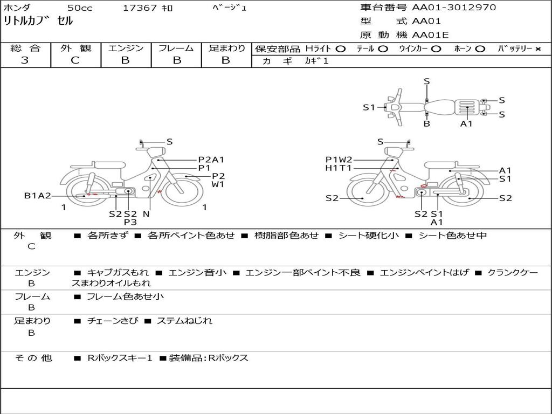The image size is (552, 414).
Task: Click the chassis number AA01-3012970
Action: pyautogui.click(x=454, y=8)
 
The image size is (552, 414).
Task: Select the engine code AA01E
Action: pyautogui.click(x=430, y=35)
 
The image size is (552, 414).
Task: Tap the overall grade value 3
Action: pyautogui.click(x=25, y=60)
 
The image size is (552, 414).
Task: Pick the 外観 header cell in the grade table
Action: pyautogui.click(x=75, y=48)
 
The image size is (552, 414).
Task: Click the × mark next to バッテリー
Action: pyautogui.click(x=537, y=49)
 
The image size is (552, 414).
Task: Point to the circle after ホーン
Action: pyautogui.click(x=480, y=49)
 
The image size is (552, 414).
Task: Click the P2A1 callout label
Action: pyautogui.click(x=211, y=160)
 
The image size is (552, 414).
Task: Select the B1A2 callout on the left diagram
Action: pyautogui.click(x=37, y=196)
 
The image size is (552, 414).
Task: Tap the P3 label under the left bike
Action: pyautogui.click(x=130, y=222)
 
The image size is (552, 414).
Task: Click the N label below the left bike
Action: pyautogui.click(x=147, y=213)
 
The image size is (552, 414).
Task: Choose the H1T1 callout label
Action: pyautogui.click(x=339, y=168)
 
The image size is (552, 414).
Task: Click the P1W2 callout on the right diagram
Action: pyautogui.click(x=339, y=160)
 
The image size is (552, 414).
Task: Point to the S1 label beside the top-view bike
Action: pyautogui.click(x=369, y=107)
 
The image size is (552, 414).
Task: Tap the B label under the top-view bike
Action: pyautogui.click(x=427, y=123)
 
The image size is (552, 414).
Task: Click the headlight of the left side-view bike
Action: pyautogui.click(x=156, y=153)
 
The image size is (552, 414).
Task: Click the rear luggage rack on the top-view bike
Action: pyautogui.click(x=467, y=107)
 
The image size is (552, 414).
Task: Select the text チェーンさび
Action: pyautogui.click(x=113, y=321)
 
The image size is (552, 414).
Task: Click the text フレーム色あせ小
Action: pyautogui.click(x=125, y=297)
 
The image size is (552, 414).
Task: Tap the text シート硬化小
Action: pyautogui.click(x=369, y=235)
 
